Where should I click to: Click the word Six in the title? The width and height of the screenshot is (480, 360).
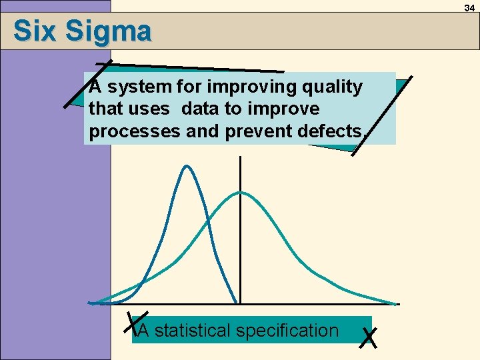(33, 31)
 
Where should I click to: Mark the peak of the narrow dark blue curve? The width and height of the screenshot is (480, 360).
(187, 166)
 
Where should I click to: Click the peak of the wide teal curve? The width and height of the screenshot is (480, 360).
(240, 193)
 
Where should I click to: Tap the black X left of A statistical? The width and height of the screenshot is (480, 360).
(136, 322)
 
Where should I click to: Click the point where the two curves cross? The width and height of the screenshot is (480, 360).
(208, 219)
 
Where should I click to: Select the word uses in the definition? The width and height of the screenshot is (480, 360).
(157, 109)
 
